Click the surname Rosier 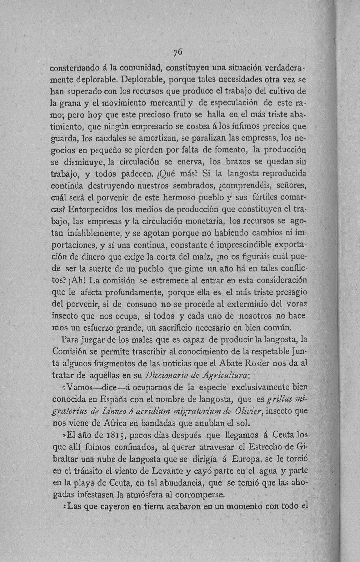[x=259, y=363]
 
